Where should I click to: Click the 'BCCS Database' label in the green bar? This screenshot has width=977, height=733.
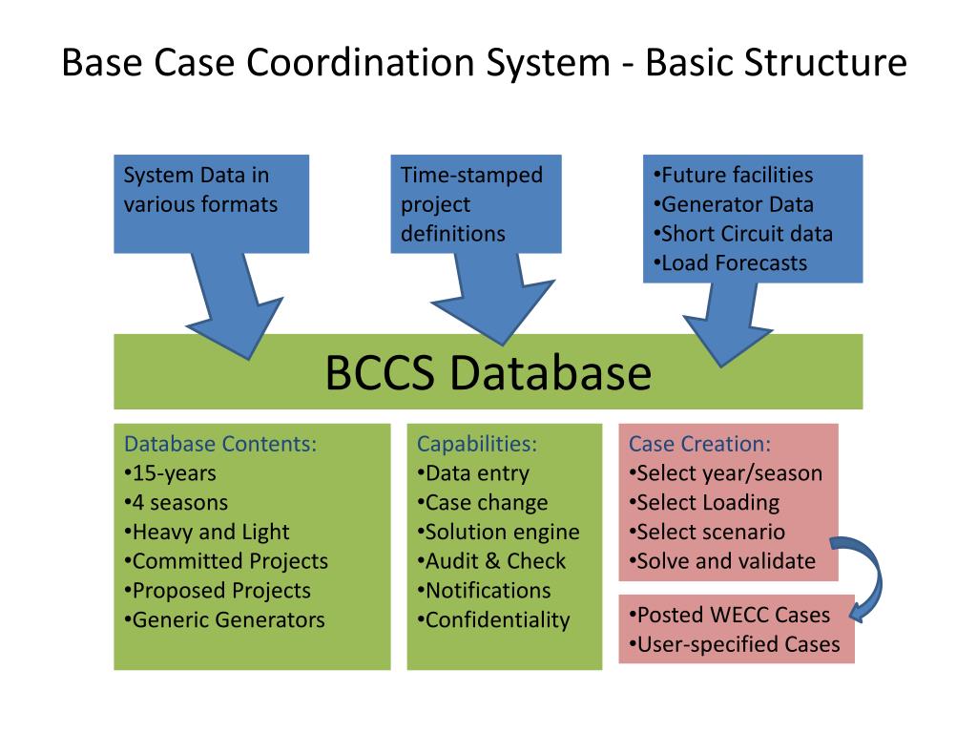click(x=488, y=373)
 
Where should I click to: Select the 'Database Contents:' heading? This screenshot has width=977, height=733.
click(x=220, y=444)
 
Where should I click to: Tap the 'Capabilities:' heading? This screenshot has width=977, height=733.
click(x=477, y=444)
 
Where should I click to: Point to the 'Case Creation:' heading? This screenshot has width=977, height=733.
click(x=699, y=444)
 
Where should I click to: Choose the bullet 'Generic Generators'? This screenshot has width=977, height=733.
click(x=224, y=620)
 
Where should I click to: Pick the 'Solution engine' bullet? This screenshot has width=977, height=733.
click(x=498, y=533)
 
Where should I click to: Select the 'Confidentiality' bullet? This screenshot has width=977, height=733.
click(x=493, y=620)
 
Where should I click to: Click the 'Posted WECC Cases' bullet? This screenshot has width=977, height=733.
click(x=729, y=615)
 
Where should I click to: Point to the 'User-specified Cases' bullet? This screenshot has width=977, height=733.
click(x=735, y=644)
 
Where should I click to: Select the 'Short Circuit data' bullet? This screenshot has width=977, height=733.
click(x=742, y=234)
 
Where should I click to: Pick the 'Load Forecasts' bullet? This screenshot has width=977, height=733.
click(x=730, y=263)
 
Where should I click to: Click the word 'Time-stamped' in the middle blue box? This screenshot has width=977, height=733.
click(x=471, y=175)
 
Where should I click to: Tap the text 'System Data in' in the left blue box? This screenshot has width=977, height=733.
click(x=197, y=175)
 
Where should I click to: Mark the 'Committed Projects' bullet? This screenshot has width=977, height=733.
click(x=226, y=561)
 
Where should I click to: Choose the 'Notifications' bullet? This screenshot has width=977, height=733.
click(x=484, y=591)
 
